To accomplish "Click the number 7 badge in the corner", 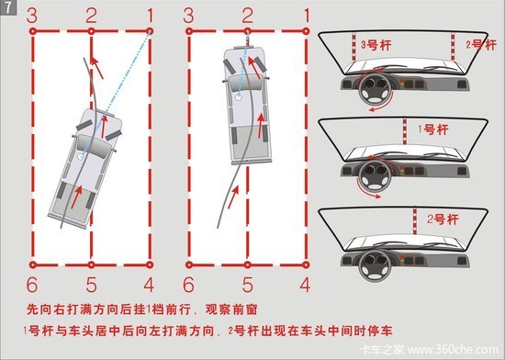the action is click(x=7, y=7).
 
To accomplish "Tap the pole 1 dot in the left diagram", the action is click(x=150, y=31).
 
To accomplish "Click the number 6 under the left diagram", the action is click(x=32, y=285).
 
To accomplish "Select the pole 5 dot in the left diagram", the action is click(x=92, y=265).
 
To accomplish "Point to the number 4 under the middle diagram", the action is click(x=304, y=285).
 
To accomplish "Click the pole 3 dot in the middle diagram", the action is click(x=189, y=31).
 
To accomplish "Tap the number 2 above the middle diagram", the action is click(x=247, y=16).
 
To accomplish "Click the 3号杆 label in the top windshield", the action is click(x=376, y=45).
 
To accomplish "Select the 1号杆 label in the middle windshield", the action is click(x=432, y=129).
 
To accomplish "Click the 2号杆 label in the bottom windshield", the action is click(x=443, y=219).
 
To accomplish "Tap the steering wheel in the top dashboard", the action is click(x=376, y=88).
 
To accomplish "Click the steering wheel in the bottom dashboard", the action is click(x=375, y=264).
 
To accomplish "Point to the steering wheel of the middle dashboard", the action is click(x=375, y=175).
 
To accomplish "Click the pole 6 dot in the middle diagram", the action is click(x=189, y=265).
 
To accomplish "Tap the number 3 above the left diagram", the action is click(x=31, y=16).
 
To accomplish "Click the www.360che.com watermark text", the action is click(x=453, y=350).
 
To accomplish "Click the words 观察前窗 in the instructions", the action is click(x=231, y=309).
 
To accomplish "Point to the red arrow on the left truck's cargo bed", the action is click(x=76, y=197).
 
